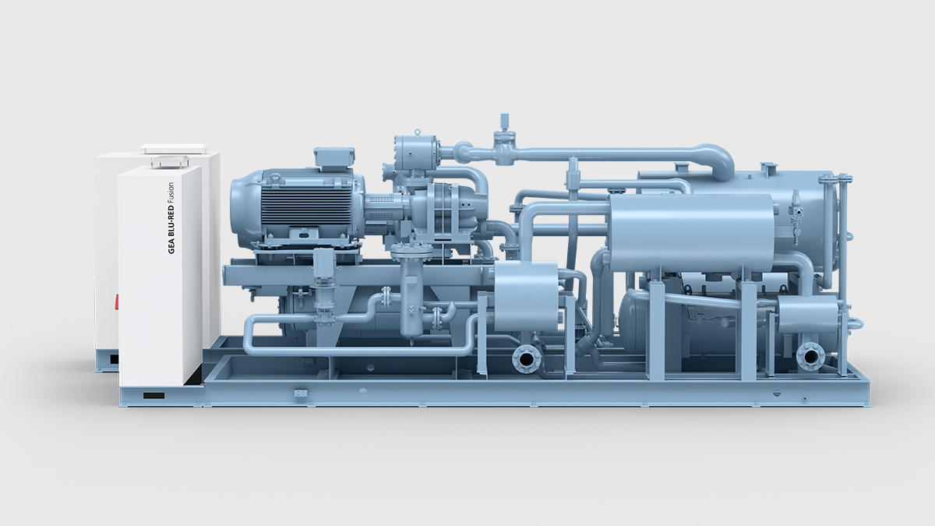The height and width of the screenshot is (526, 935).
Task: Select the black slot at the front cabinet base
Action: click(153, 396)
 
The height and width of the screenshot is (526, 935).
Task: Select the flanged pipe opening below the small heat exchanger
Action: click(527, 358)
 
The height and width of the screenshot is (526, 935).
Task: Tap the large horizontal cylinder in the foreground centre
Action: click(690, 232)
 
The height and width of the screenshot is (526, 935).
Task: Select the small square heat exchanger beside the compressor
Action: click(526, 296)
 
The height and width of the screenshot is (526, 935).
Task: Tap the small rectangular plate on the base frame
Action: click(301, 394)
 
